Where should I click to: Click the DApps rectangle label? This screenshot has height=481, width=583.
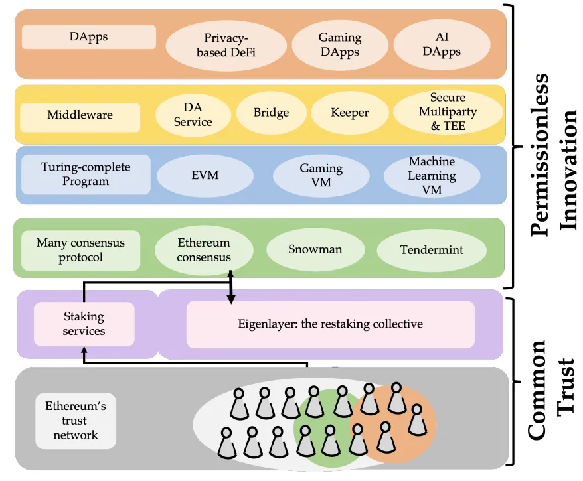click(x=89, y=36)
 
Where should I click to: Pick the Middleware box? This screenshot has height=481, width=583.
click(x=80, y=115)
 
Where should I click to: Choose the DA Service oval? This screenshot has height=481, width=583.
click(x=193, y=115)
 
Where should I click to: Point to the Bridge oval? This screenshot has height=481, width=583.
click(x=271, y=113)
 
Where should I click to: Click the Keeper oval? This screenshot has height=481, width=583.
click(x=349, y=113)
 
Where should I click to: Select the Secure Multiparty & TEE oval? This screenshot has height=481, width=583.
click(x=443, y=111)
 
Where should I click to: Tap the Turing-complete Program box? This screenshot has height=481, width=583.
click(x=86, y=174)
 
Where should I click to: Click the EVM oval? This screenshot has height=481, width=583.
click(x=205, y=176)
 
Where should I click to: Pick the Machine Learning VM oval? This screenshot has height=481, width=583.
click(x=432, y=176)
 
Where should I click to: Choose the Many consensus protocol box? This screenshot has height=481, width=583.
click(x=80, y=250)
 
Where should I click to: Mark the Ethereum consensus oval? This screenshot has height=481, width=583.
click(x=204, y=250)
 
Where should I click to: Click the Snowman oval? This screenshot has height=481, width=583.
click(x=315, y=250)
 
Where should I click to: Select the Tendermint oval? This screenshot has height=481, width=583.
click(x=432, y=250)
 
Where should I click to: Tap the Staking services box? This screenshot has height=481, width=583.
click(x=84, y=324)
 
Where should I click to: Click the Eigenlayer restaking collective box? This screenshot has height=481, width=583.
click(x=330, y=324)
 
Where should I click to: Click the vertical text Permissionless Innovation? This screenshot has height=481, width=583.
click(x=549, y=153)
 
